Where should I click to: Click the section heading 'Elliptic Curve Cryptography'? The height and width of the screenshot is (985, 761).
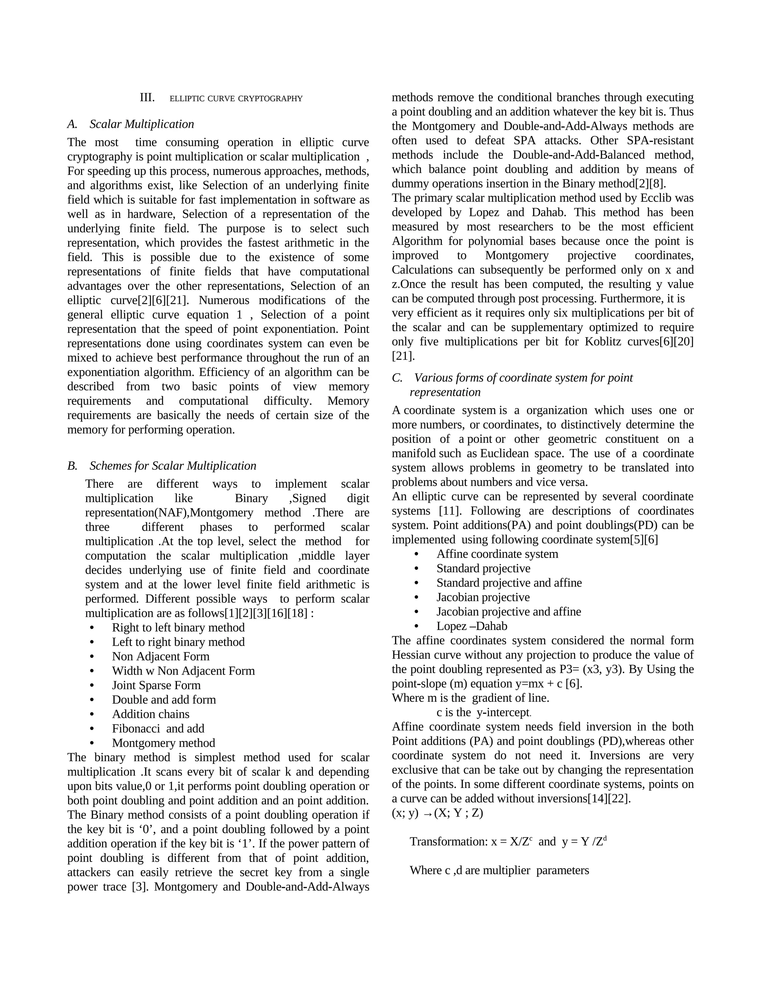pyautogui.click(x=236, y=98)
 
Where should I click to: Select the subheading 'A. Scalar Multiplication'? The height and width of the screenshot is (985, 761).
pyautogui.click(x=131, y=124)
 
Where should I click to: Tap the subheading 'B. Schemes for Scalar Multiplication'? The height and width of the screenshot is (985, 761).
pyautogui.click(x=162, y=465)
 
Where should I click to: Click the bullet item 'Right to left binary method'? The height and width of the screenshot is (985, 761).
pyautogui.click(x=178, y=627)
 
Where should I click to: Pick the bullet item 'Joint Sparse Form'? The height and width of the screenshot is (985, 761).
pyautogui.click(x=156, y=685)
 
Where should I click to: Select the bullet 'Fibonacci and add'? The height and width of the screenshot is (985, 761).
pyautogui.click(x=158, y=729)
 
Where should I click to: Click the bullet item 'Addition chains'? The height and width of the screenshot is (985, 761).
pyautogui.click(x=150, y=714)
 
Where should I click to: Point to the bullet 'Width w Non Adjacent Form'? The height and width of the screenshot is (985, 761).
pyautogui.click(x=183, y=671)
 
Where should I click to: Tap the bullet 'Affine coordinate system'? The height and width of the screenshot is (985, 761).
pyautogui.click(x=497, y=554)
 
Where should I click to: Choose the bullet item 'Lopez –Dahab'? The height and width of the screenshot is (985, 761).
pyautogui.click(x=472, y=626)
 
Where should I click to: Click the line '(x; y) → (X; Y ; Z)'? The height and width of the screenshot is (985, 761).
pyautogui.click(x=437, y=813)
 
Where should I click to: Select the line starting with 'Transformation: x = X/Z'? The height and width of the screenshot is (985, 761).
pyautogui.click(x=508, y=842)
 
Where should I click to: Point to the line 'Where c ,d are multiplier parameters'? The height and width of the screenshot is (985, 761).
pyautogui.click(x=499, y=871)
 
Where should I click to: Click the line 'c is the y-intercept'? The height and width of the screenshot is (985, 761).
pyautogui.click(x=483, y=713)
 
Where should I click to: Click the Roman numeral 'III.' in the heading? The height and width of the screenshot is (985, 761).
pyautogui.click(x=147, y=98)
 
